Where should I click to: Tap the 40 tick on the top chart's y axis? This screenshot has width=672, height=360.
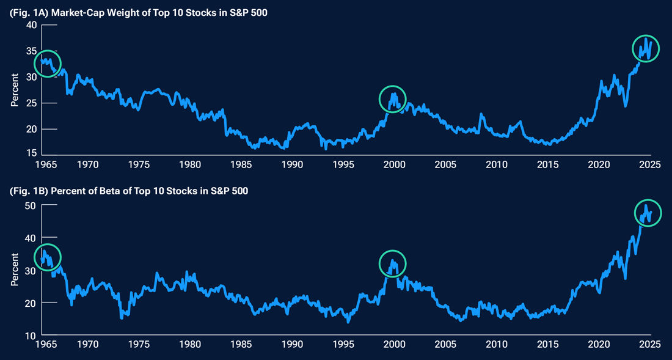point(31,25)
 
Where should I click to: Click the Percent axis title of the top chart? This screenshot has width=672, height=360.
point(14,90)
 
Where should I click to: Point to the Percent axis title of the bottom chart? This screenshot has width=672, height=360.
point(14,270)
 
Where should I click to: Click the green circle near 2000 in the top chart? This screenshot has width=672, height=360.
point(393,98)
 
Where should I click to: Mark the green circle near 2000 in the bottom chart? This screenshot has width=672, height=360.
point(393,263)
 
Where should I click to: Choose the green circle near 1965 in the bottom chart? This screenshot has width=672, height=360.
point(48,256)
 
